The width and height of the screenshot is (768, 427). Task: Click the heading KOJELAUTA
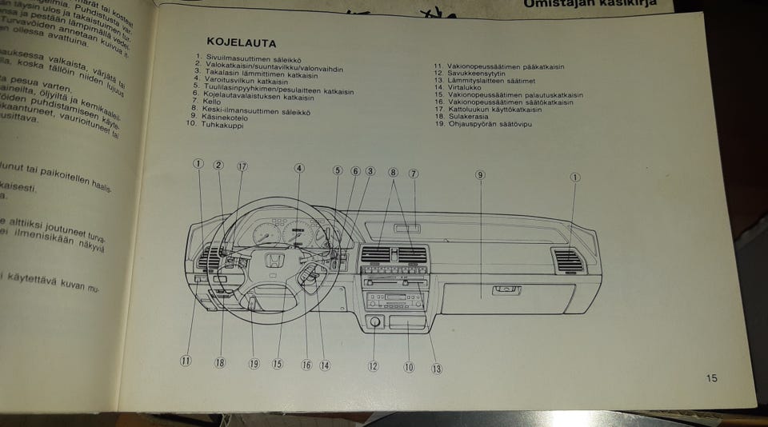[241, 42]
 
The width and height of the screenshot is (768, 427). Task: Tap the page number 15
[712, 378]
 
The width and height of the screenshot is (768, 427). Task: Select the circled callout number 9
[480, 174]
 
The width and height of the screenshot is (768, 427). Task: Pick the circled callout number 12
[373, 366]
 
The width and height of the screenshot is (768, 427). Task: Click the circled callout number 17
[242, 166]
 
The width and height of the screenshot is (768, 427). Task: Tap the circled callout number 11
[186, 361]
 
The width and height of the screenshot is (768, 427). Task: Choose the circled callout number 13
[437, 369]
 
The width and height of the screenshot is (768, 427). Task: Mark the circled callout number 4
[299, 169]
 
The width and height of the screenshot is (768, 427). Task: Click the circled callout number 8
[393, 172]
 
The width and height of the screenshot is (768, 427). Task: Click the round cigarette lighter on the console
[374, 322]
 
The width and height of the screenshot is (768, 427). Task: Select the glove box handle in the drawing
[506, 289]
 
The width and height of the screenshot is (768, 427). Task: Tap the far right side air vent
[569, 259]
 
